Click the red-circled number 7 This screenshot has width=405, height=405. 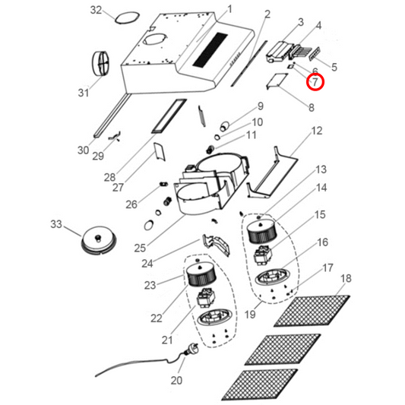coord(315,82)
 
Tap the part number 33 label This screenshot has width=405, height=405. coord(56,224)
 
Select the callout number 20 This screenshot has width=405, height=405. coord(176,380)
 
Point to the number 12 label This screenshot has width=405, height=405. coord(317,131)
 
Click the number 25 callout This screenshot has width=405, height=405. coord(140,248)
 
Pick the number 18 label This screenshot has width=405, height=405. coord(346,278)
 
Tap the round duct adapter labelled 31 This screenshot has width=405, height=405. coord(101,63)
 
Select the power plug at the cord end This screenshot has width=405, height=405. coord(191,349)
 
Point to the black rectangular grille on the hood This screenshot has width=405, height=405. coord(210,49)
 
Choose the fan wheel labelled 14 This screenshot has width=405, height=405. coord(262,231)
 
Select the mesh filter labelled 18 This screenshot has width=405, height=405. coord(312,310)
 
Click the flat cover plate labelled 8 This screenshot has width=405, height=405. coord(277,81)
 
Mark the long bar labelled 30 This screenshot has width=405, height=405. coord(111,115)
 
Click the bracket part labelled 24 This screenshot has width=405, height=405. coord(217,245)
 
